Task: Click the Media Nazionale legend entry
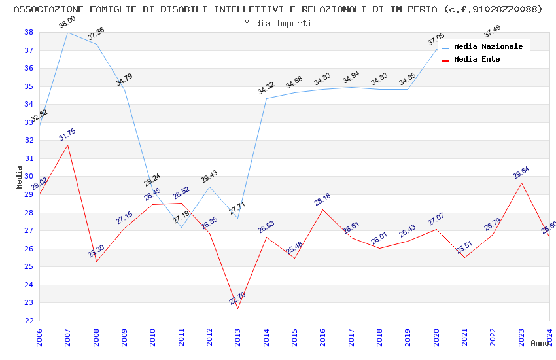488,47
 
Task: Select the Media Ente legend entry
477,60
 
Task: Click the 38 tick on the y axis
29,32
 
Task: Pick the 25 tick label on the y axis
29,267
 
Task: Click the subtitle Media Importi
278,23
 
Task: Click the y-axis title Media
20,177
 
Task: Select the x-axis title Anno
540,343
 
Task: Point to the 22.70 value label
237,298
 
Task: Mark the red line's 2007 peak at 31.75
68,145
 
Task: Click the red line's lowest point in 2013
237,308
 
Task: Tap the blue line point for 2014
266,98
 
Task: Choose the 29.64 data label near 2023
521,173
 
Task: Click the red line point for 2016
322,209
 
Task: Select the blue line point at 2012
209,187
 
